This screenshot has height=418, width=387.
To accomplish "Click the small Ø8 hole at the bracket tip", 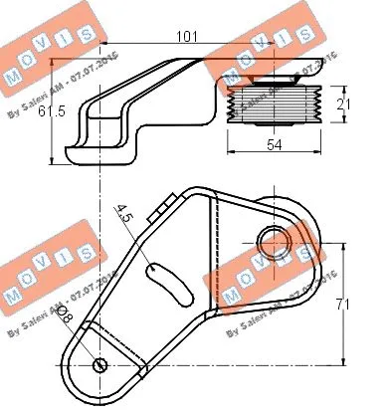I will pos(100,365).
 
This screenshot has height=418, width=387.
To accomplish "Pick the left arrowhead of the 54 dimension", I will pos(232,155).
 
